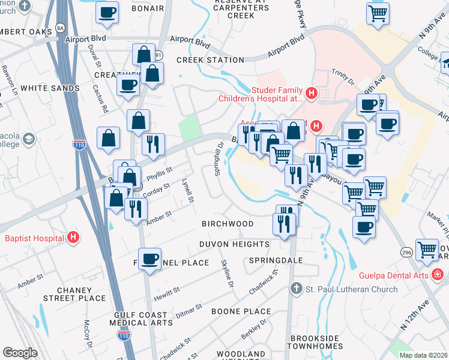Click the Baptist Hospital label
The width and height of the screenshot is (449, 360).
coord(34,238)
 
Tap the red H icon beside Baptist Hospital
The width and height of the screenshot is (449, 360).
coord(73,238)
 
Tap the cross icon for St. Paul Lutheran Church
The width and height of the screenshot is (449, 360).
coord(295,289)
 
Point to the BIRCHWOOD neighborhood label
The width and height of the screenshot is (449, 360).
coord(228,224)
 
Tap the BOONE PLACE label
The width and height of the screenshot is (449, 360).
coord(242,311)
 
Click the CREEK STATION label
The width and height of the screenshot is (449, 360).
coord(210,60)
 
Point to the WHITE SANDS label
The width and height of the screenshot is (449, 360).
coord(50,88)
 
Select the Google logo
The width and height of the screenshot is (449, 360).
coord(20,353)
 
